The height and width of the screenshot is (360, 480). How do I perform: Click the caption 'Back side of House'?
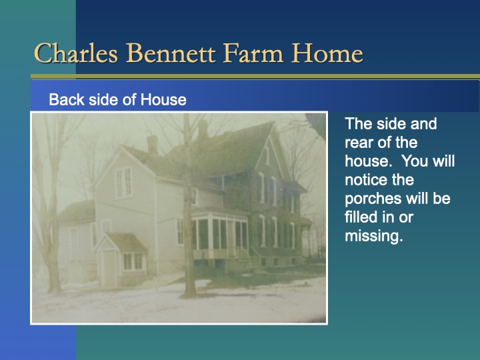coord(117,100)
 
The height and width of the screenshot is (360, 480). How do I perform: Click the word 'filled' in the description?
coord(362,217)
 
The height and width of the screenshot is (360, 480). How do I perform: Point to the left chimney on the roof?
coord(153,143)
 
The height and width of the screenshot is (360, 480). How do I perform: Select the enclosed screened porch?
coord(220,233)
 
